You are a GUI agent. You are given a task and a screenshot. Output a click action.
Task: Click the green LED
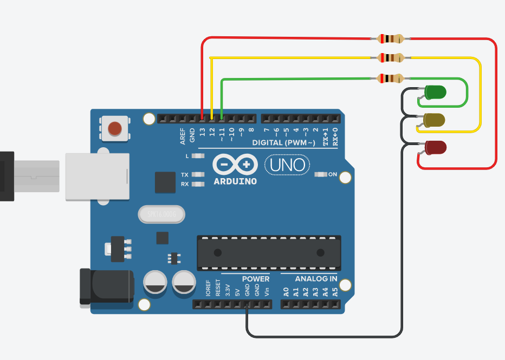[435, 93]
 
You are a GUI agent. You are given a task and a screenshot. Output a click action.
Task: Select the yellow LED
[434, 120]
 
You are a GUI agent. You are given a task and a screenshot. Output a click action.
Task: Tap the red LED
[436, 147]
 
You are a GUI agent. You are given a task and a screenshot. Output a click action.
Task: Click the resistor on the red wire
[390, 38]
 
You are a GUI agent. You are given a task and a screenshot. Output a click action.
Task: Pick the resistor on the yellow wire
[390, 57]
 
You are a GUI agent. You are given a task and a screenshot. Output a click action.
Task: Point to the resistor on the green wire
[390, 78]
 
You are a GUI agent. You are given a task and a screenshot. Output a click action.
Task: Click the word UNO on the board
[287, 165]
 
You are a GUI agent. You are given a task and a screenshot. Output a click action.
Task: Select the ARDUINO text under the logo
[235, 181]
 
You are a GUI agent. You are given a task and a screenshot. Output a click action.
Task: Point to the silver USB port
[98, 176]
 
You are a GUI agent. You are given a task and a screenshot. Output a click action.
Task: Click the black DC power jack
[107, 286]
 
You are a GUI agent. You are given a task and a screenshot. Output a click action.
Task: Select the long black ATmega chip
[269, 253]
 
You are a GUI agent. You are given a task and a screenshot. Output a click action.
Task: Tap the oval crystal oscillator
[161, 215]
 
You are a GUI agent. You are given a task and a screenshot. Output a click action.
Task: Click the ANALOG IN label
[316, 279]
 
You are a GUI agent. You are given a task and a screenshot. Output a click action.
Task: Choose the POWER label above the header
[256, 279]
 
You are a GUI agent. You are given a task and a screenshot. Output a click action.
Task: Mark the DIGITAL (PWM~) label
[283, 142]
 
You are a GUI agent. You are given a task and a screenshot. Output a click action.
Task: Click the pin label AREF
[183, 135]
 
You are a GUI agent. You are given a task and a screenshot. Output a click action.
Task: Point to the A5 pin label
[335, 293]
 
